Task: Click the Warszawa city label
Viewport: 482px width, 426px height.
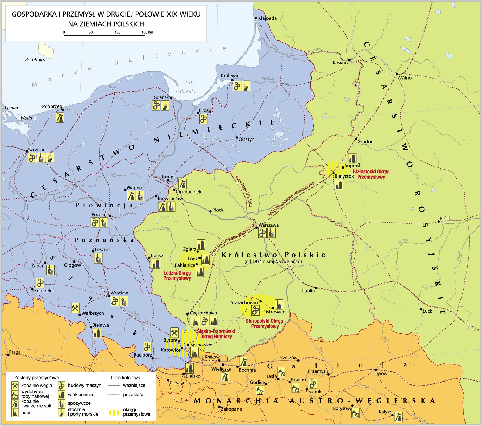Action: [x=268, y=225]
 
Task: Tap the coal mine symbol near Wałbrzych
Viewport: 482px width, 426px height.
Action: [x=75, y=308]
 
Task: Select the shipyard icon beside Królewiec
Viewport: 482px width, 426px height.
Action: [x=246, y=86]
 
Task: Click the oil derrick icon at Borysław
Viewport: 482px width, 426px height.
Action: [x=355, y=413]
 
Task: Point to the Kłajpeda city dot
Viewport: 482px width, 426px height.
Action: [x=256, y=18]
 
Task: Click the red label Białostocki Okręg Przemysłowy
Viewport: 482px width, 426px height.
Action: [x=371, y=174]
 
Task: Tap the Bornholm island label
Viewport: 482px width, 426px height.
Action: [x=35, y=60]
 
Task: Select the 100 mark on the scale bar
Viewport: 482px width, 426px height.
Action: [x=118, y=32]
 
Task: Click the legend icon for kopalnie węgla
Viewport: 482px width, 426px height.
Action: [x=15, y=386]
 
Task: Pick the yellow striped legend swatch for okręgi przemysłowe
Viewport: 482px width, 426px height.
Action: [x=114, y=413]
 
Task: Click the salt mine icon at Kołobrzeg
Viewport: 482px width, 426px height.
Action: [x=60, y=118]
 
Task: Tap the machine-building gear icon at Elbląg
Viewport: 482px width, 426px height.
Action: [x=203, y=119]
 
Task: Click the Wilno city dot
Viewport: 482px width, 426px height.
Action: [x=397, y=74]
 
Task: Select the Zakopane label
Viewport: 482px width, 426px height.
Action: [x=231, y=409]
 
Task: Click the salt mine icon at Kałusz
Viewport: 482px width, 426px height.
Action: [x=398, y=417]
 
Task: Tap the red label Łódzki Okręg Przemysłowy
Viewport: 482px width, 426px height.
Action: [x=177, y=276]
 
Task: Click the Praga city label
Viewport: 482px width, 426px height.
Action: [x=15, y=352]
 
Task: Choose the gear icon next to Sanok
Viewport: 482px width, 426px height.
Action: [x=313, y=384]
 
